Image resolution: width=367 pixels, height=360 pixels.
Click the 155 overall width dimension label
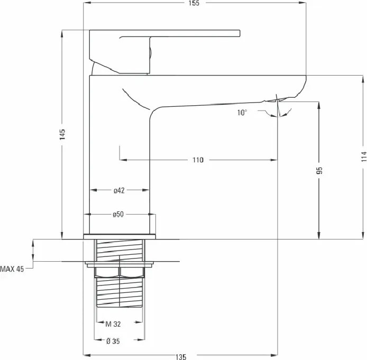(x=194, y=3)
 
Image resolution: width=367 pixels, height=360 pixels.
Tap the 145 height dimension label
(x=62, y=134)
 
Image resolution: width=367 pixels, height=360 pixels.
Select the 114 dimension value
(x=364, y=156)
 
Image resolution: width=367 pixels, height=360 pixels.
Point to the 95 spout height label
(x=319, y=170)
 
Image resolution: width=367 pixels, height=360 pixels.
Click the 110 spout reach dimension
(x=198, y=160)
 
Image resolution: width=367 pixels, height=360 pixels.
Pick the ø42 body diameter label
(x=119, y=191)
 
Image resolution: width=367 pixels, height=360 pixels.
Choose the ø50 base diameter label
(x=118, y=214)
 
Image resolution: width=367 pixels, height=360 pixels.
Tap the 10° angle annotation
(x=242, y=113)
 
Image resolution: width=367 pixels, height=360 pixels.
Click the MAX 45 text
(x=12, y=269)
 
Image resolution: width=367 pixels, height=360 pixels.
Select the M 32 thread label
(x=113, y=324)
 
